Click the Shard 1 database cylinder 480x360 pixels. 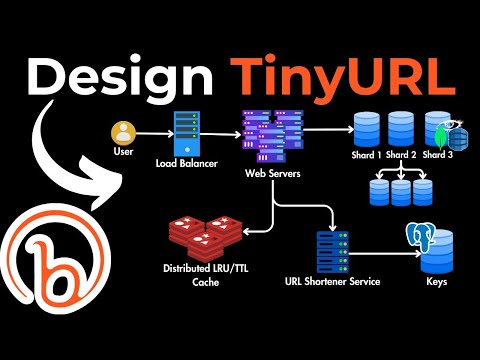[x=365, y=128]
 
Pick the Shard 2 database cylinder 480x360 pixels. [x=401, y=128]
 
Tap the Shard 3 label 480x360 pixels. [x=436, y=155]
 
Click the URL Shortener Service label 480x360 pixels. [x=334, y=282]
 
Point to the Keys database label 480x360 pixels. [x=437, y=283]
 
